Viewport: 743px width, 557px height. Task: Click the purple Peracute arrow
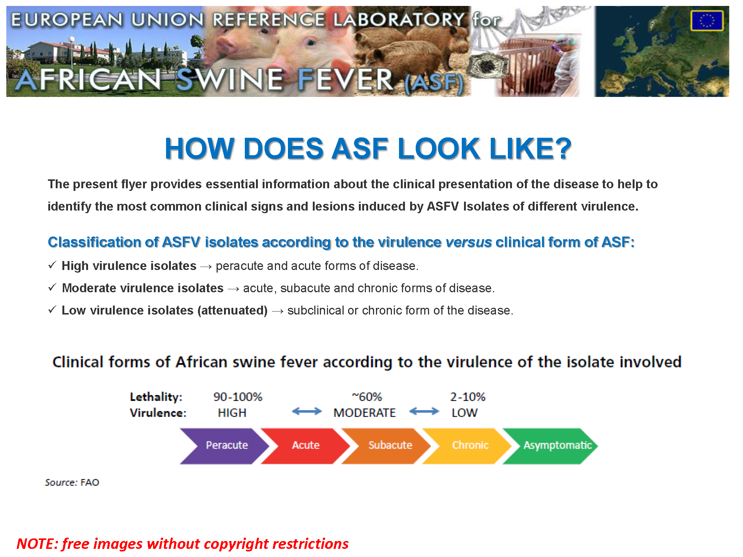[225, 446]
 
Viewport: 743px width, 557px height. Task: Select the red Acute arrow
[306, 446]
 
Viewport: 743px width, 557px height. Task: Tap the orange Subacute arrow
[387, 446]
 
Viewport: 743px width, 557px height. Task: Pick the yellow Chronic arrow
[467, 446]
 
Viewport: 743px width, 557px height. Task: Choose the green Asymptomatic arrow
[550, 446]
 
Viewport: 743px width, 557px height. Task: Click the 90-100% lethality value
[238, 397]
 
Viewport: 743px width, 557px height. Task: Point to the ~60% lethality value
[367, 397]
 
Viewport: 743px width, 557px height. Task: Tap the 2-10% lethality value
[468, 397]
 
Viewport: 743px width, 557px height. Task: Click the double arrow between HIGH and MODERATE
[307, 411]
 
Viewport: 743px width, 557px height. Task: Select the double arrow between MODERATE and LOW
[424, 411]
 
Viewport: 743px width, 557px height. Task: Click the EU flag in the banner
[707, 21]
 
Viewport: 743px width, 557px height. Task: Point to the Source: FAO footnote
[72, 482]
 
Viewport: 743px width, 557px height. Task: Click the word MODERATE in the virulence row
[364, 413]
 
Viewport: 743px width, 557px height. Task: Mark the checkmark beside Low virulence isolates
[52, 309]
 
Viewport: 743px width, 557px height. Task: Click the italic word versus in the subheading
[468, 242]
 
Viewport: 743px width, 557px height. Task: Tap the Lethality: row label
[156, 397]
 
